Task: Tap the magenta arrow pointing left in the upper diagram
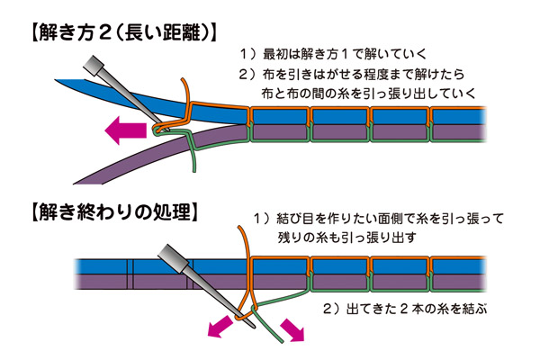(x=125, y=132)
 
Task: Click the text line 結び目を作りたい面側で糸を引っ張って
(x=387, y=219)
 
